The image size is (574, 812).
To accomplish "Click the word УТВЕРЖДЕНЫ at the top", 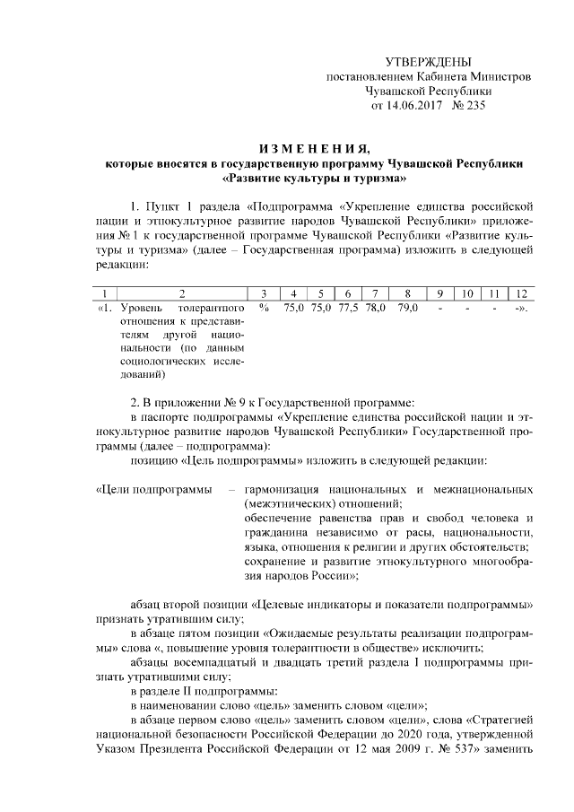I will click(428, 62).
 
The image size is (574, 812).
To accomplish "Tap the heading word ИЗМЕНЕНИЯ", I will click(313, 148).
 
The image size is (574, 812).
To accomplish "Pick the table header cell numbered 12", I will click(519, 293).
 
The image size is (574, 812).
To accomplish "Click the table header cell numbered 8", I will click(407, 293).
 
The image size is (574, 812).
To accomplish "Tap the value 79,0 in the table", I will click(407, 308).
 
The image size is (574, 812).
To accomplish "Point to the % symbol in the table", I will click(264, 308).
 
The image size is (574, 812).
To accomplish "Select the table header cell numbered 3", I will click(264, 293).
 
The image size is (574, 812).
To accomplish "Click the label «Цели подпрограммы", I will click(154, 490).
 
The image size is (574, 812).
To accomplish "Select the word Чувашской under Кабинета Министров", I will click(397, 91).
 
